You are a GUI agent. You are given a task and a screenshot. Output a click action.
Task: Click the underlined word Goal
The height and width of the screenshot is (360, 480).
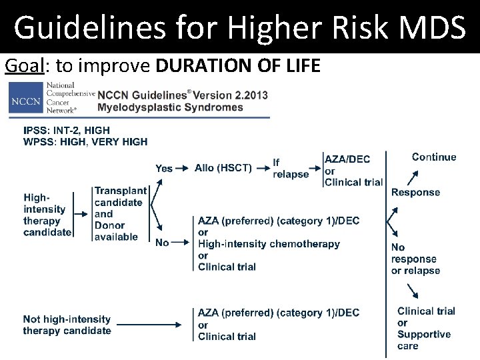[x=19, y=66]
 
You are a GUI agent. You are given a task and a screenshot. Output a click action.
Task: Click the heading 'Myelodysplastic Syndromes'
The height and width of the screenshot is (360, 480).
[x=170, y=107]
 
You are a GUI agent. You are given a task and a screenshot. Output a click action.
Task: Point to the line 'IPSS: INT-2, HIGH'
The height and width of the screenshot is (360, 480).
[x=67, y=130]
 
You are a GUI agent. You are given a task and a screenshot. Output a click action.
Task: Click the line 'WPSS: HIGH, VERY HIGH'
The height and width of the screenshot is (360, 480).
[x=85, y=141]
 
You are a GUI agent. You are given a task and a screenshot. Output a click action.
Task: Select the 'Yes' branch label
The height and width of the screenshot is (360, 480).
[x=164, y=168]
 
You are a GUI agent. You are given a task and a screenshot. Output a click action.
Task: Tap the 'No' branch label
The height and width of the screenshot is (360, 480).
[x=162, y=243]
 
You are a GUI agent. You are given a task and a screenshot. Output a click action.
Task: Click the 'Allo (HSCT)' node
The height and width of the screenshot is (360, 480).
[x=223, y=168]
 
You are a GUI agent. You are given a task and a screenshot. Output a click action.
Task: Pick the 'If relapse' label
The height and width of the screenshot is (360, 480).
[x=290, y=168]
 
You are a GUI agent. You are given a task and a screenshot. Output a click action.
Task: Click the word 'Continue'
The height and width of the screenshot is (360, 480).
[x=434, y=157]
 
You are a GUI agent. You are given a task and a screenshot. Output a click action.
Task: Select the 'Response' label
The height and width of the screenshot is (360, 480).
[x=415, y=193]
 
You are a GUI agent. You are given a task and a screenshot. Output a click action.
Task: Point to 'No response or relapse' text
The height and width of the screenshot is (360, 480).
[x=415, y=259]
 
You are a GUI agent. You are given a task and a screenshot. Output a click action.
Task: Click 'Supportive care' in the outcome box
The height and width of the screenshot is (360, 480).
[x=423, y=340]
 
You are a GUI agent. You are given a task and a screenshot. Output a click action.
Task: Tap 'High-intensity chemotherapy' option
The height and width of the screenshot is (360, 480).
[x=269, y=244]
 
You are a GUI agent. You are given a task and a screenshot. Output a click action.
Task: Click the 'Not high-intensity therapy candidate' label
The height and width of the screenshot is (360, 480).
[x=67, y=325]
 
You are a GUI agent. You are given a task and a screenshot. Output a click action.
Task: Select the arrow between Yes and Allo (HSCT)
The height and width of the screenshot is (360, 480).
[x=183, y=168]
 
